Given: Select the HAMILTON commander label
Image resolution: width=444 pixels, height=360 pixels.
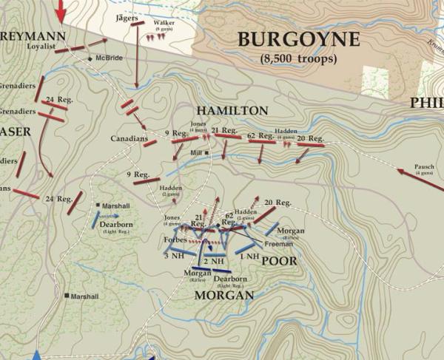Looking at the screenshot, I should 232,110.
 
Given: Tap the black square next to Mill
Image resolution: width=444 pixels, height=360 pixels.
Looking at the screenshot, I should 207,153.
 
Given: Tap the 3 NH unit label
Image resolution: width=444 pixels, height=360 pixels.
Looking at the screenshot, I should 174,256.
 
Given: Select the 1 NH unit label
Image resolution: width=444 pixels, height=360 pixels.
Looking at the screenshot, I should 249,256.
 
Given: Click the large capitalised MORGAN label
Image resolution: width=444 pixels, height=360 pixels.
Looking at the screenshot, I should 223,295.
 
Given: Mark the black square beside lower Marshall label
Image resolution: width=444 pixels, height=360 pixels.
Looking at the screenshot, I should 67,296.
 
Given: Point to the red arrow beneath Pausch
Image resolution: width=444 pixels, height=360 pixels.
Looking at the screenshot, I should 419,182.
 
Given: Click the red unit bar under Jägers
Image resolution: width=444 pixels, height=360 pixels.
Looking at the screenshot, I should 136,24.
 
